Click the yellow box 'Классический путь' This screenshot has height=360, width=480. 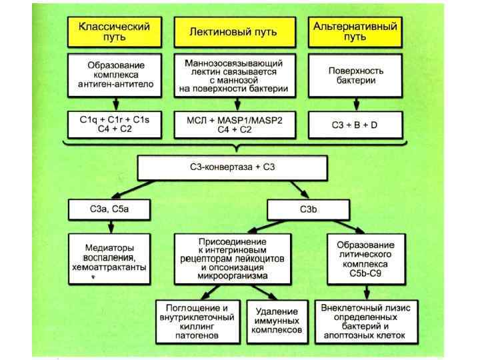[x=114, y=31]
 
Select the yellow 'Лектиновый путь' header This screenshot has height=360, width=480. [x=233, y=31]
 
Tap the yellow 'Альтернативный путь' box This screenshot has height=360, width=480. [x=355, y=31]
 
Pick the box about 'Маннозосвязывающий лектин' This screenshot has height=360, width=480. [x=233, y=75]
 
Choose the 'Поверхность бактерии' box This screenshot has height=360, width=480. [x=355, y=75]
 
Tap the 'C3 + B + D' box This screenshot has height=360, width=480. [x=355, y=124]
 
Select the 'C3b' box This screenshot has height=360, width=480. [x=303, y=210]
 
